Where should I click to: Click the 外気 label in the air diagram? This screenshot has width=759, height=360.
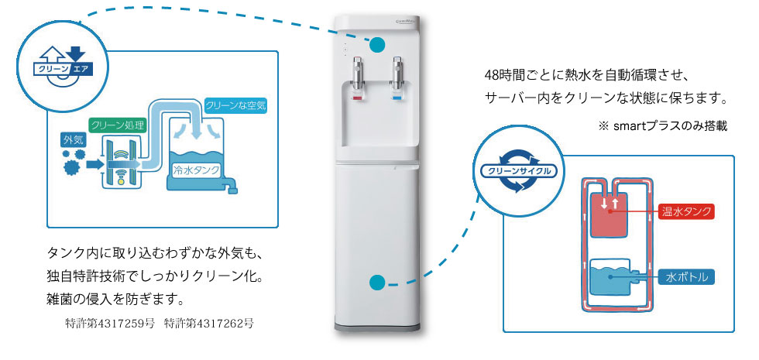[73, 141]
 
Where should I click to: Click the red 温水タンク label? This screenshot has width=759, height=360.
[685, 211]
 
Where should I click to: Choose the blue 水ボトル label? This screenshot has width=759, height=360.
[685, 276]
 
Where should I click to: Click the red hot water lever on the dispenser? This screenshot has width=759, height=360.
[358, 99]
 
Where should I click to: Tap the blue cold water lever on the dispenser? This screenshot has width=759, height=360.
[397, 99]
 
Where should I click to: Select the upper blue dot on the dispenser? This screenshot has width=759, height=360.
[377, 45]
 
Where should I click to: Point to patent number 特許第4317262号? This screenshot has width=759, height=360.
[208, 324]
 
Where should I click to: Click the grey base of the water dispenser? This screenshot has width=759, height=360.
[378, 324]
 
